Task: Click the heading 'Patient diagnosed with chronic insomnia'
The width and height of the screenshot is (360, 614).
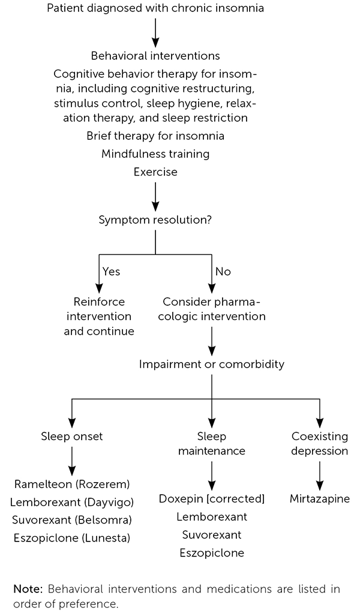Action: point(155,8)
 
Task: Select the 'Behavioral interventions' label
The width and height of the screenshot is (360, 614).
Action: point(155,56)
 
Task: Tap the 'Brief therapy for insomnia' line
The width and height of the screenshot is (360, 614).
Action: point(155,136)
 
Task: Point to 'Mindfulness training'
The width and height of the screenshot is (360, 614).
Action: point(155,154)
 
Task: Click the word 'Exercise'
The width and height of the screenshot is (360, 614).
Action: point(155,172)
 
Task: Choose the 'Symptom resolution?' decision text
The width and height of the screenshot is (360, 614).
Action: point(155,219)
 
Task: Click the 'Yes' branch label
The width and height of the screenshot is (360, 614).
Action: point(112,272)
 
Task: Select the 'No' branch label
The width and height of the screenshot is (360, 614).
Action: point(223,272)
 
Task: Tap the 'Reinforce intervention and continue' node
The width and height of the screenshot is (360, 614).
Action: point(99,316)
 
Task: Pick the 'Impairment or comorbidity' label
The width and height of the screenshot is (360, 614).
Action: point(212,364)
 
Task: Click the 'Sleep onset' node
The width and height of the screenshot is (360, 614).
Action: point(72,437)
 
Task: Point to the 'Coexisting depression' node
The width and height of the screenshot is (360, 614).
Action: point(319,444)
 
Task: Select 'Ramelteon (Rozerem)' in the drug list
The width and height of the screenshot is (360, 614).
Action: point(72,483)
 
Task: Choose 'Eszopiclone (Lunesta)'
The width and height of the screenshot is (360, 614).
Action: point(72,538)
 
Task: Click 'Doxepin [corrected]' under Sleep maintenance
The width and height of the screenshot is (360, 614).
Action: point(212,499)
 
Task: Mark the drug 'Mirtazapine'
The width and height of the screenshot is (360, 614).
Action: point(319,499)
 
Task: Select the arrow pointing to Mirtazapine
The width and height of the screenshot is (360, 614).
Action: point(319,474)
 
